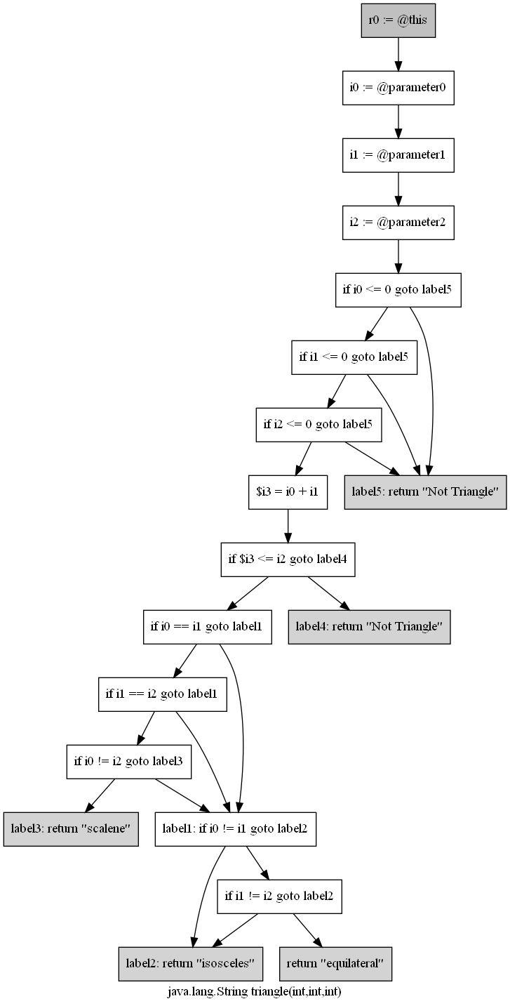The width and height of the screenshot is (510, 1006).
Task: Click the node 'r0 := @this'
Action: pos(398,20)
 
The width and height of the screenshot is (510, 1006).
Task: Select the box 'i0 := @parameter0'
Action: pos(398,88)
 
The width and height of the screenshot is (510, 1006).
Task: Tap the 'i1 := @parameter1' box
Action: pos(398,154)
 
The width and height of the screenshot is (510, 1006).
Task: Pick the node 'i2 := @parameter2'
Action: pos(398,222)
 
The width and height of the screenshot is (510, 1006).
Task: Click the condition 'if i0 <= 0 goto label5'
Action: pos(398,289)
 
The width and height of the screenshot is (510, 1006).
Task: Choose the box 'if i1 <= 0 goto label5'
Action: pos(354,357)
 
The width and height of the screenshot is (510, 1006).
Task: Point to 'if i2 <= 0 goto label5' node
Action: pos(318,424)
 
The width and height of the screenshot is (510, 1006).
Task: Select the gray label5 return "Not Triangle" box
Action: pos(425,491)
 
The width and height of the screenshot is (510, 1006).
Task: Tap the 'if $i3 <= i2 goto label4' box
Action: pos(288,559)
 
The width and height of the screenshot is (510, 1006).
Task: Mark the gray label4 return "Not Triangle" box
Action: pos(369,626)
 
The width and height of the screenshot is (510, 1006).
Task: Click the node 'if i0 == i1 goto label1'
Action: pos(207,626)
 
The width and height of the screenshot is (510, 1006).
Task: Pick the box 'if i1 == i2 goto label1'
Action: pos(161,694)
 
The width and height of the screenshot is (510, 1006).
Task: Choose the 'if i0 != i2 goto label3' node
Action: pos(129,761)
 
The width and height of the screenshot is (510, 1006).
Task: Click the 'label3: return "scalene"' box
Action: pos(70,828)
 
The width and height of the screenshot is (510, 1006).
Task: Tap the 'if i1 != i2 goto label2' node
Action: pos(279,896)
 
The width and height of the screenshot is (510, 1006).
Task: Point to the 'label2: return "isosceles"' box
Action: pos(190,963)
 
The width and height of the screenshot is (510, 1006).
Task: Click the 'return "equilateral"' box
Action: pos(335,963)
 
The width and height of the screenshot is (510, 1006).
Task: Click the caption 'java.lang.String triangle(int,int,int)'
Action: pos(255,992)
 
